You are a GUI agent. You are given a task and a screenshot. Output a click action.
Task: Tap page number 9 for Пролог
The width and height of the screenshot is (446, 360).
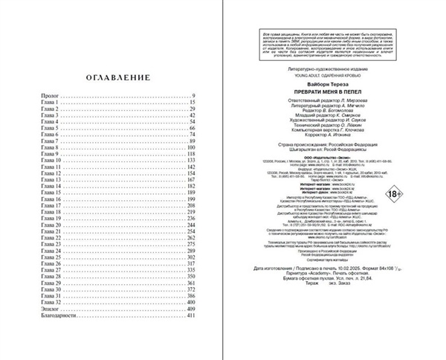[x=193, y=97]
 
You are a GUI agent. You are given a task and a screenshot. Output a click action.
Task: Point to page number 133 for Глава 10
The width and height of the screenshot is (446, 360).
[x=190, y=160]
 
